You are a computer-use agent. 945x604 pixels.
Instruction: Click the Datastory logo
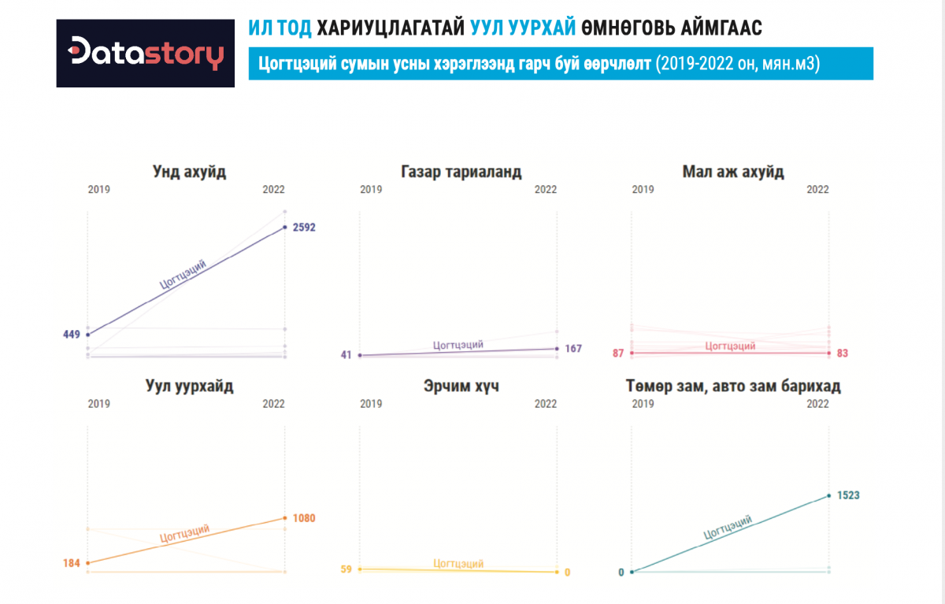146,53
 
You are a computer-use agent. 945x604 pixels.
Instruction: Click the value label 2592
303,228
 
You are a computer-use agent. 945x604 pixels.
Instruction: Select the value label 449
72,335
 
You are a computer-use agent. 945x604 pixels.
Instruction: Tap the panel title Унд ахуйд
189,172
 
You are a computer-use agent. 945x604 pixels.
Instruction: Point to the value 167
573,348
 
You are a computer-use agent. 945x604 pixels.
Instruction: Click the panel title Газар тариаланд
460,172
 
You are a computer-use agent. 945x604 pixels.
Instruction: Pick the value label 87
617,353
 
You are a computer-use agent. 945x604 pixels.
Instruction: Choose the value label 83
843,353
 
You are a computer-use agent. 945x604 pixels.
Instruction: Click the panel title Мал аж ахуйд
733,172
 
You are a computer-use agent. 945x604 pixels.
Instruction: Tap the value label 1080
304,518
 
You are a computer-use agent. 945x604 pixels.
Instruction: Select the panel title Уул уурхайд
189,387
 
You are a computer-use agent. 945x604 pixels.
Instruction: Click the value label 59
346,569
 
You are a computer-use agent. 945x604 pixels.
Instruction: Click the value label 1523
847,495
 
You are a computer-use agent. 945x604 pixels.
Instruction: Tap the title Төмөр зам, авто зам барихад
733,387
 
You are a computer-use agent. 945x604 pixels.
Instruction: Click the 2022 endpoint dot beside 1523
828,495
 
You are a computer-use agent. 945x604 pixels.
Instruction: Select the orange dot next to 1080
285,518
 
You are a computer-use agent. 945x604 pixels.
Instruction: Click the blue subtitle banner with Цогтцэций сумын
560,64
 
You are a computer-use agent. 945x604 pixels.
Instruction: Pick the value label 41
346,355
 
